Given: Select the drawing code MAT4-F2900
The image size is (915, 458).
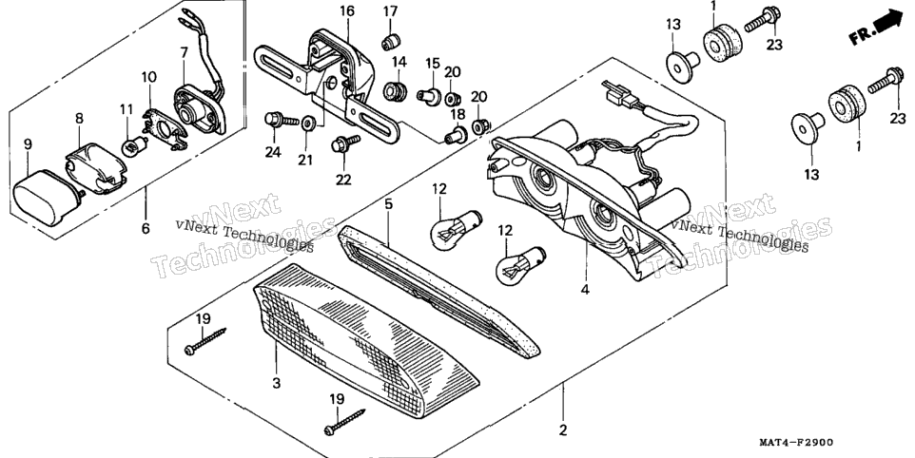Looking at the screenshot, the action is [x=796, y=443].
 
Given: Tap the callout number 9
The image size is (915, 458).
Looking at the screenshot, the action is [x=28, y=143].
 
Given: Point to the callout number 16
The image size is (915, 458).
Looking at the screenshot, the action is [x=348, y=11].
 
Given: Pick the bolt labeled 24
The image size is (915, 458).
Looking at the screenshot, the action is [x=276, y=122].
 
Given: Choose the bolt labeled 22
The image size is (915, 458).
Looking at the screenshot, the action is [x=343, y=145].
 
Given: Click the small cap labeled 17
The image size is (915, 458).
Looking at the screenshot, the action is [x=391, y=42].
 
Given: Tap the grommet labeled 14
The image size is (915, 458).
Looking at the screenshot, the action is [x=396, y=91].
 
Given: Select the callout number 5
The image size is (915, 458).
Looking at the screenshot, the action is [x=389, y=204].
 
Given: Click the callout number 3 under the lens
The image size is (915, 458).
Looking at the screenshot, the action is [x=277, y=383].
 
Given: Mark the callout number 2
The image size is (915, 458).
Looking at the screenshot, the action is [x=562, y=430].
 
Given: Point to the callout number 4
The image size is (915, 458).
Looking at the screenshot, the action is [x=585, y=289].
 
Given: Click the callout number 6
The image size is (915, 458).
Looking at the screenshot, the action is [x=146, y=228].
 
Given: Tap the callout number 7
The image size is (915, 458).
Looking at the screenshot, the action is [x=185, y=53].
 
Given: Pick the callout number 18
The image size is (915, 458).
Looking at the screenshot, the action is [x=457, y=114].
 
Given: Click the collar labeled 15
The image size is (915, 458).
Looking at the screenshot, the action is [x=431, y=95].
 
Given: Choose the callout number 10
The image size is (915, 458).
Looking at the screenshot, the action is [x=148, y=77].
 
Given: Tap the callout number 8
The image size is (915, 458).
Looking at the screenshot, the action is [x=79, y=118].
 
